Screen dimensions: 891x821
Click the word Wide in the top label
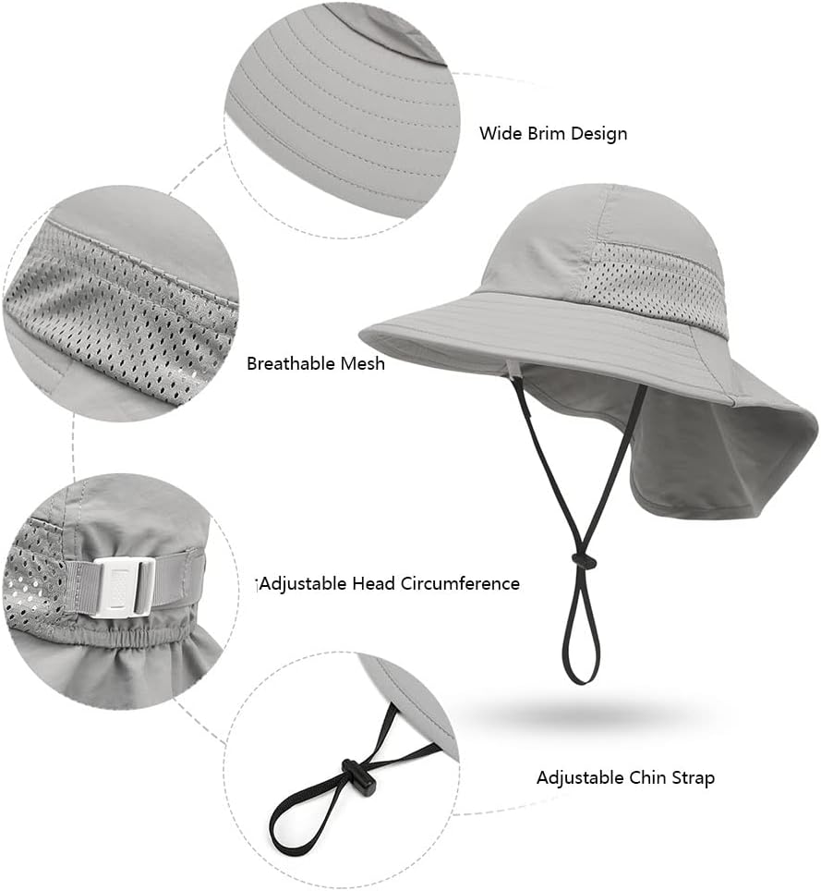pyautogui.click(x=499, y=133)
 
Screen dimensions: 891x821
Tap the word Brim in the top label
pyautogui.click(x=544, y=133)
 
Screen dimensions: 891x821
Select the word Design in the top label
pyautogui.click(x=598, y=133)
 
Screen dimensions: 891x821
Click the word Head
pyautogui.click(x=375, y=583)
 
